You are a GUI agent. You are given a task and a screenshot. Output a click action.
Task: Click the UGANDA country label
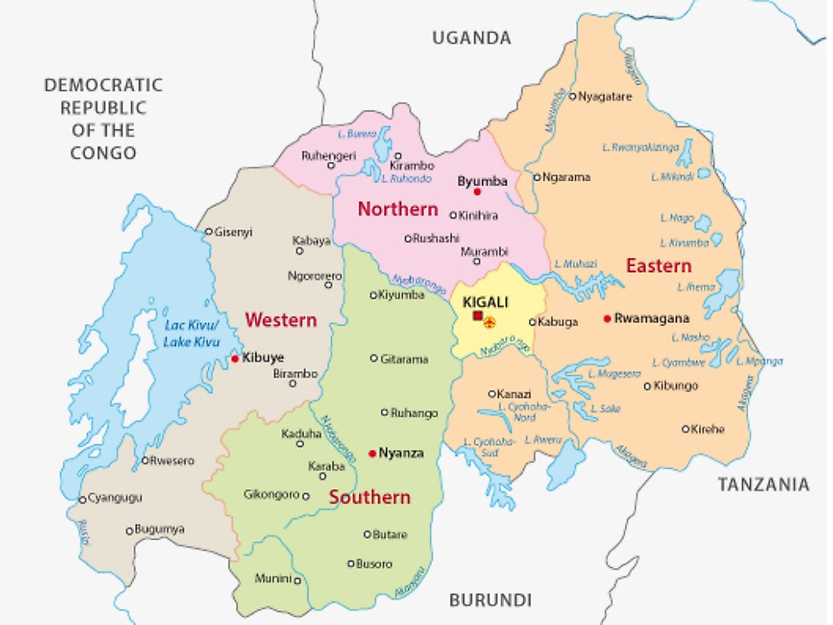tap(471, 37)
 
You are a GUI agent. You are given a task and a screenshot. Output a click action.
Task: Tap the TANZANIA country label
tap(764, 485)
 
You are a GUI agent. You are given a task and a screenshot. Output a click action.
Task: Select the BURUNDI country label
tap(490, 600)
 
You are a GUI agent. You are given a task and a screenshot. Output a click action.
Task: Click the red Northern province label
tap(398, 209)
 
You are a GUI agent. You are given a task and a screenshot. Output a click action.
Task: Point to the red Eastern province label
tap(658, 265)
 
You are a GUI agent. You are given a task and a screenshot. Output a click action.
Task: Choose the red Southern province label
tap(369, 497)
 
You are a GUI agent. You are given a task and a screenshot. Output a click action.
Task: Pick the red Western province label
tap(280, 320)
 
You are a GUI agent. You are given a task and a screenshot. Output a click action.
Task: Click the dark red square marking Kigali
tap(478, 316)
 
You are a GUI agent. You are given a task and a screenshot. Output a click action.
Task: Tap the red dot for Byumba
tap(478, 192)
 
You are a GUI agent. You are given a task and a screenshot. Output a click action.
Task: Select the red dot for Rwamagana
tap(607, 319)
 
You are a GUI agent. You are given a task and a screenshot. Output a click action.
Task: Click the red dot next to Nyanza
tap(373, 453)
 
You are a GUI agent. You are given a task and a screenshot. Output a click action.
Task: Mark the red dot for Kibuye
tap(235, 358)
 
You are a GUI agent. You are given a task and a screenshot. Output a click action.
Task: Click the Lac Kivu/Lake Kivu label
tap(192, 334)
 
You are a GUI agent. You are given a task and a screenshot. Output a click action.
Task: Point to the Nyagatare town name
tap(605, 97)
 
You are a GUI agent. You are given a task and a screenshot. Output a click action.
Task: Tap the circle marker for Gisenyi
tap(208, 232)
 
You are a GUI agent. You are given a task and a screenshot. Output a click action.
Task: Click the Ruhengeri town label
tap(328, 156)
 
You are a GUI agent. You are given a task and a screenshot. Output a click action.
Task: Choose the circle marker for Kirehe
tap(685, 429)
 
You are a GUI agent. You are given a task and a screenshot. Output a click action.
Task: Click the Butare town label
tap(390, 535)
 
